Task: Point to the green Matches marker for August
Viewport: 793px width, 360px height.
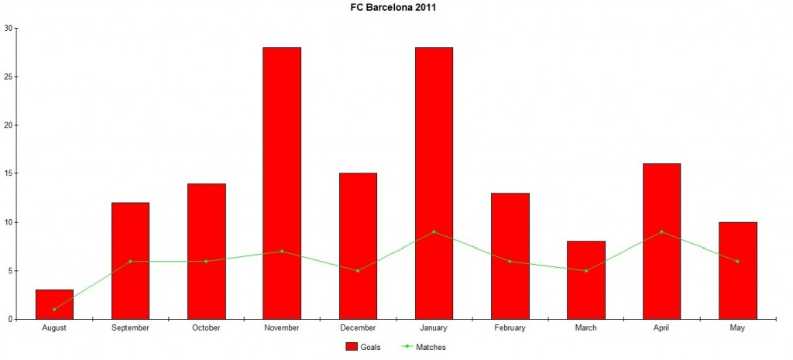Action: click(x=54, y=309)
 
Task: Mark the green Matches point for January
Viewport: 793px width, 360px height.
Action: click(x=434, y=231)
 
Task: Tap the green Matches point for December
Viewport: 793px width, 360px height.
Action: click(x=358, y=270)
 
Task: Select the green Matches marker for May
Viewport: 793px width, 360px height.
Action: click(x=737, y=261)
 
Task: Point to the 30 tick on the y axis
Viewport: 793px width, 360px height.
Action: click(x=9, y=29)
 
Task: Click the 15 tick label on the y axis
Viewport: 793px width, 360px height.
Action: click(x=9, y=173)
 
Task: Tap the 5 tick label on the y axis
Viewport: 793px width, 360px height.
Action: click(x=11, y=271)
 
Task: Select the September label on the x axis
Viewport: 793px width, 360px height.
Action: click(x=130, y=328)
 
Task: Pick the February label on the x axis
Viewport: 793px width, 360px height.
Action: click(x=510, y=328)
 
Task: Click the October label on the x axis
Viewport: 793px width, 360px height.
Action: click(x=206, y=328)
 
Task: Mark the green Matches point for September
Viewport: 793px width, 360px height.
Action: click(x=130, y=261)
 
